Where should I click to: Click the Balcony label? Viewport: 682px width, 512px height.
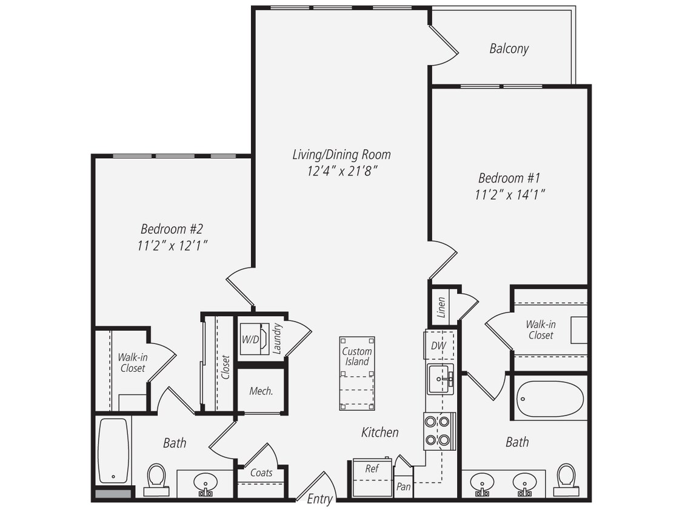509,49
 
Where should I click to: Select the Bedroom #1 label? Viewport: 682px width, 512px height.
509,178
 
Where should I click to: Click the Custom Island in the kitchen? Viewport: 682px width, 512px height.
356,372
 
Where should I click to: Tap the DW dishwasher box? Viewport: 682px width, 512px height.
439,345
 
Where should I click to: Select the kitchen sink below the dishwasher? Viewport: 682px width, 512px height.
440,379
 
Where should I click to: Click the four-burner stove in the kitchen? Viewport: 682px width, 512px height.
440,430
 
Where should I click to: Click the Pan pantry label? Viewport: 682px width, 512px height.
403,486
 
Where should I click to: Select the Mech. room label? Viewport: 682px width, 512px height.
261,391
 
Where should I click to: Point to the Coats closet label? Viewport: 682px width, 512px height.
261,473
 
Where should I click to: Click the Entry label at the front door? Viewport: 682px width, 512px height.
319,499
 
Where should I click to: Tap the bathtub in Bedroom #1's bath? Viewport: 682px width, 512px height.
550,399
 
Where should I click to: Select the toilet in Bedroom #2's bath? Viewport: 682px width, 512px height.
156,479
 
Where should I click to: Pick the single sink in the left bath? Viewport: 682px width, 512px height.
206,483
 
